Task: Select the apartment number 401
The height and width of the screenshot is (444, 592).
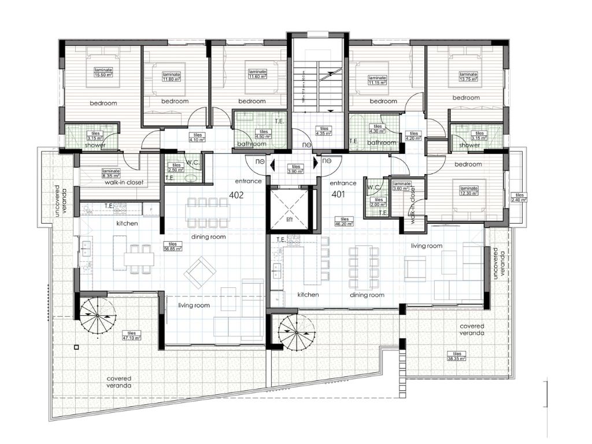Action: coord(338,195)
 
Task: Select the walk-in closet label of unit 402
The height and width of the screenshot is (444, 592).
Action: coord(124,182)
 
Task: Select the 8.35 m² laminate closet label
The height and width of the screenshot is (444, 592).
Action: coord(111,173)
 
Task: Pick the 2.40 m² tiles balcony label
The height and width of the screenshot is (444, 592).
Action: coord(520,198)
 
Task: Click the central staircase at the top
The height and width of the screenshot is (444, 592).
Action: coord(317,81)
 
